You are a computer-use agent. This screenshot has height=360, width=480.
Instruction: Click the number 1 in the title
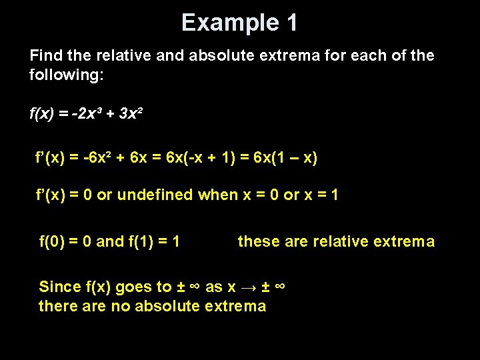tap(291, 23)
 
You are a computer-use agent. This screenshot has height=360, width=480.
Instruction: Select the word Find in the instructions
tap(45, 55)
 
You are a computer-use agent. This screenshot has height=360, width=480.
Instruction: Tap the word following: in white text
tap(67, 74)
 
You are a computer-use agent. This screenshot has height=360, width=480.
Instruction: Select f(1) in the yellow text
tap(140, 241)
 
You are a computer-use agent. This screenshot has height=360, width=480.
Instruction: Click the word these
tap(259, 241)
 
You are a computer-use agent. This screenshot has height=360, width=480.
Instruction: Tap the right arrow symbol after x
tap(248, 287)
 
